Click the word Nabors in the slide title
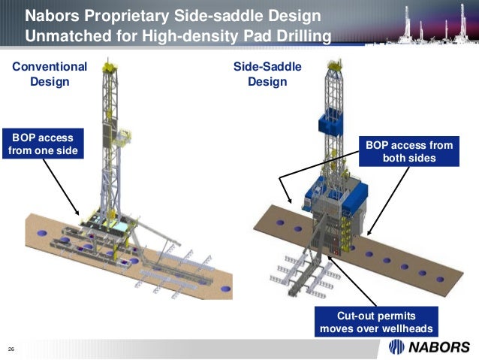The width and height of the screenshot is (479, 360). click(x=50, y=15)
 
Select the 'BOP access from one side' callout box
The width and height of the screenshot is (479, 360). click(x=42, y=144)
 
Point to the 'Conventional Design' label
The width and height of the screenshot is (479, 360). click(x=50, y=74)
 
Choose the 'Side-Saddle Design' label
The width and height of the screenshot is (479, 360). click(x=267, y=74)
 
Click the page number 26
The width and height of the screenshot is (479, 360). click(x=11, y=349)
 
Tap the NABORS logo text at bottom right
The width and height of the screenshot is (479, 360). click(x=438, y=346)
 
